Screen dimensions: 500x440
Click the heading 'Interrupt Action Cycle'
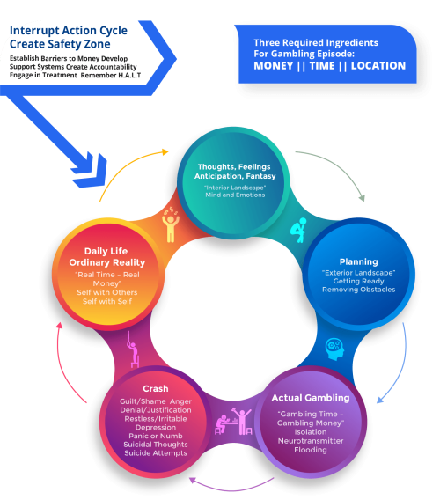(68, 31)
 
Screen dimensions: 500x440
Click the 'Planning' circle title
(358, 261)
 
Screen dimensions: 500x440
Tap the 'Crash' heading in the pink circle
(155, 388)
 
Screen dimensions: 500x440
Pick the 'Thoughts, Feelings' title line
(233, 165)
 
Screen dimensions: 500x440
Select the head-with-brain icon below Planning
(335, 346)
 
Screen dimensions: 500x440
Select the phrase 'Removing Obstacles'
(358, 289)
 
